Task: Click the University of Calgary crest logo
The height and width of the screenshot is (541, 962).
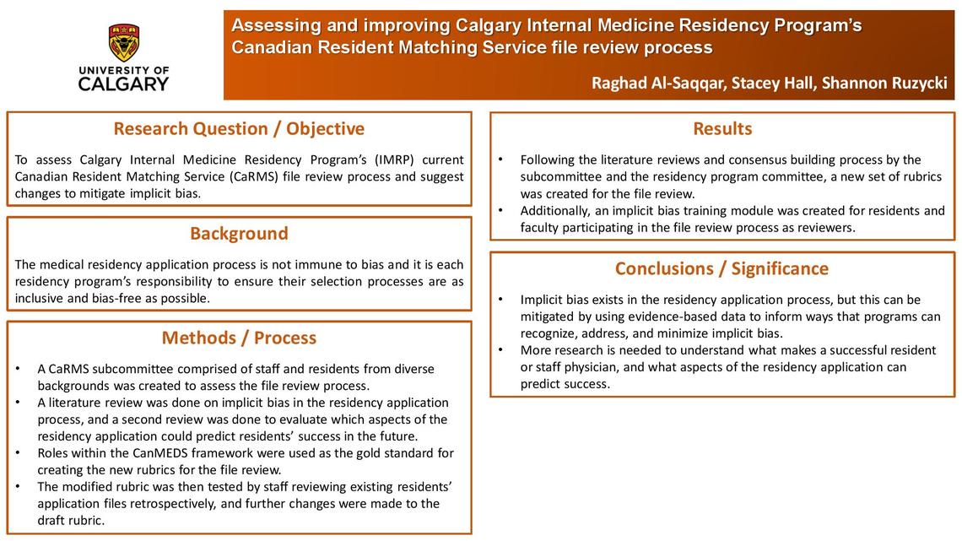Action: (124, 42)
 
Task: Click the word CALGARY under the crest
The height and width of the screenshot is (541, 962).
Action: (123, 84)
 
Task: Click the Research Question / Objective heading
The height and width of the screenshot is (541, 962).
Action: (239, 129)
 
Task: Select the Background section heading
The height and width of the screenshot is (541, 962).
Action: (239, 234)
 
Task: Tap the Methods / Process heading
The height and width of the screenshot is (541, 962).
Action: (239, 338)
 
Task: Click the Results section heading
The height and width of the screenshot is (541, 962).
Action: (722, 129)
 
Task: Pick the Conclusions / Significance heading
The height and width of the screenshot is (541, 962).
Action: (721, 269)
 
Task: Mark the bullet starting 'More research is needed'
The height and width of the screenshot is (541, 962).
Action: (501, 350)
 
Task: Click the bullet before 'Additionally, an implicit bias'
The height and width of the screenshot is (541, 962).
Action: (501, 211)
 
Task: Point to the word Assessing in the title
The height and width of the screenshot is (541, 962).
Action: (273, 26)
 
